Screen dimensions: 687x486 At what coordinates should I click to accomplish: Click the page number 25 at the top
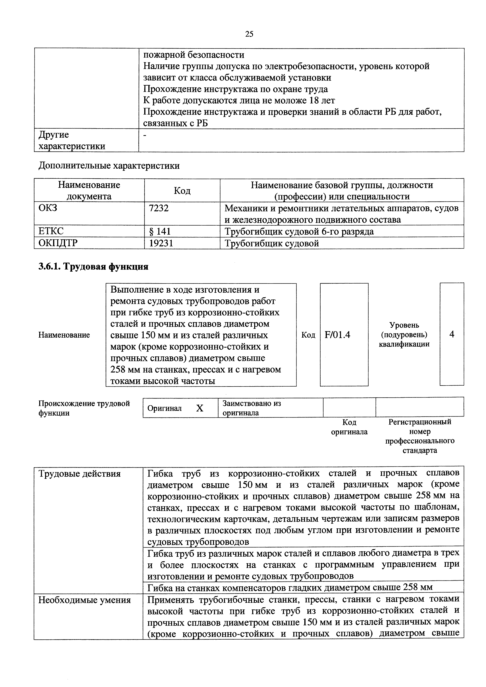coord(249,34)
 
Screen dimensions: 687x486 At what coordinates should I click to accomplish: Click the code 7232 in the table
coord(159,208)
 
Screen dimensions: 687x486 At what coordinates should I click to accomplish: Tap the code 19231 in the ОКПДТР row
coord(161,243)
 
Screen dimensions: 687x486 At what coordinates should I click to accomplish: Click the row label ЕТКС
coord(51,231)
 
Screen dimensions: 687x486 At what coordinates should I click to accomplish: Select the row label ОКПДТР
coord(58,243)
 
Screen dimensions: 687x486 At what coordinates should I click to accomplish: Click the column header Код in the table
coord(182,191)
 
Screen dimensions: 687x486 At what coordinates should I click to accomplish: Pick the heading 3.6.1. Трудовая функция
coord(93,266)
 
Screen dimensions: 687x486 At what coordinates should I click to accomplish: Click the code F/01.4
coord(337,334)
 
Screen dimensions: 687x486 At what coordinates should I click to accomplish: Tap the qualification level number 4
coord(452,334)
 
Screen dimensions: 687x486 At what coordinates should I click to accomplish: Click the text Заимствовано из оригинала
coord(252,408)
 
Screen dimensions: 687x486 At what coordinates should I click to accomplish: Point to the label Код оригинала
coord(349,427)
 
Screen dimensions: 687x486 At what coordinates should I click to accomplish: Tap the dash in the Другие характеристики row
coord(145,136)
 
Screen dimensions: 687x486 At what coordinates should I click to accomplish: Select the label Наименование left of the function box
coord(64,335)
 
